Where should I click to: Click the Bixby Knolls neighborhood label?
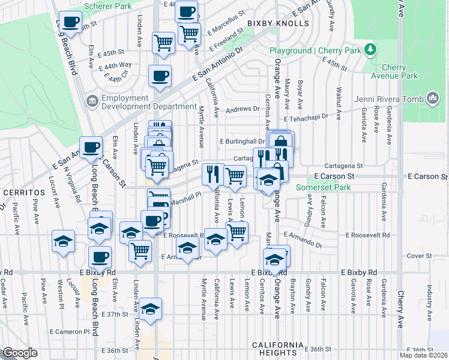[278, 24]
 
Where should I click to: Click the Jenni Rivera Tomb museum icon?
[432, 98]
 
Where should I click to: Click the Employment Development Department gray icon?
[92, 99]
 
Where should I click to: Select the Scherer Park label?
[107, 5]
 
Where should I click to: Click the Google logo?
[20, 353]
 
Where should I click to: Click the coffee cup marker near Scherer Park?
[71, 23]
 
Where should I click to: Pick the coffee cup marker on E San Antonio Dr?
[160, 76]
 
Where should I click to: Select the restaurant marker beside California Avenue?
[213, 174]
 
